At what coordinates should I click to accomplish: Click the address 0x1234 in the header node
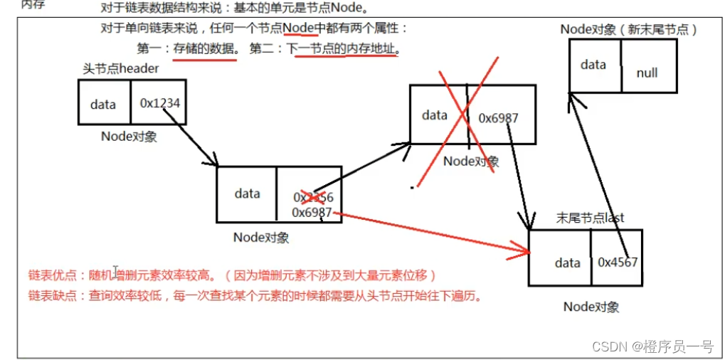pos(159,104)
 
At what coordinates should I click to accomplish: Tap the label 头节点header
pos(121,69)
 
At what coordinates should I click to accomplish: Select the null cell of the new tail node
pos(647,73)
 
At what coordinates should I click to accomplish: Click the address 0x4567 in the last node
pos(617,262)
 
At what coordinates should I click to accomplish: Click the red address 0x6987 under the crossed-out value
pos(312,212)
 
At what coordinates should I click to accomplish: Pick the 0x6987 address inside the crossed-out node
pos(497,117)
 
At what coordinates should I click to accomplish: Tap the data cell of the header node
pos(103,105)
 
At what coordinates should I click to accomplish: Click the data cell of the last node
pos(567,263)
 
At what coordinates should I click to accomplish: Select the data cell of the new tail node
pos(593,65)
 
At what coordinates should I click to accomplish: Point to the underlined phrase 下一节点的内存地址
pos(342,49)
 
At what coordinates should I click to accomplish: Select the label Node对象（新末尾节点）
pos(628,29)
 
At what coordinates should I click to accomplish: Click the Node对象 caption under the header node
pos(129,137)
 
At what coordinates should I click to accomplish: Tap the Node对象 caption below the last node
pos(591,307)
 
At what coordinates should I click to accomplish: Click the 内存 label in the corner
pos(33,5)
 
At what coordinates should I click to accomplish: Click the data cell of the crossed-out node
pos(434,115)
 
